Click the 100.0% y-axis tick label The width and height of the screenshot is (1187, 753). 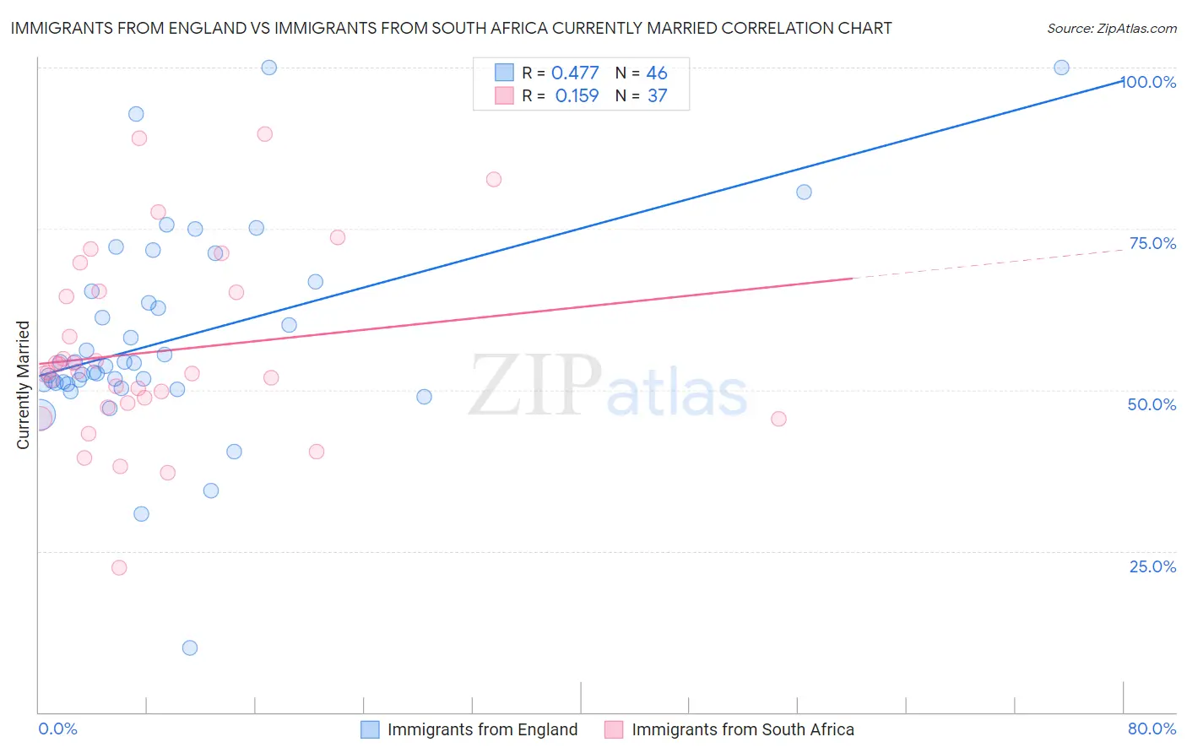pyautogui.click(x=1148, y=82)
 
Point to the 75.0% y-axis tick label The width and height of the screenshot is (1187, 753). pyautogui.click(x=1152, y=243)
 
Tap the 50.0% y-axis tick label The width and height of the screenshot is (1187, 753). pyautogui.click(x=1152, y=404)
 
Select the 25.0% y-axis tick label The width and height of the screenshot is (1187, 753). pyautogui.click(x=1152, y=566)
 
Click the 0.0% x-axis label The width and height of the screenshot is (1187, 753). pyautogui.click(x=57, y=729)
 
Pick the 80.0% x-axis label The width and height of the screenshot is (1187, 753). pyautogui.click(x=1152, y=729)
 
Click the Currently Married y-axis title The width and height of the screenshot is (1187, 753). pyautogui.click(x=23, y=385)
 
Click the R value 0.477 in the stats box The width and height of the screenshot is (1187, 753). pyautogui.click(x=575, y=73)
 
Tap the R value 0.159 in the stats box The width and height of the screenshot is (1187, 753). pyautogui.click(x=577, y=96)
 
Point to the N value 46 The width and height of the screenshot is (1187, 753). pyautogui.click(x=657, y=73)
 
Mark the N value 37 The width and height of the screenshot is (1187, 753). pyautogui.click(x=657, y=96)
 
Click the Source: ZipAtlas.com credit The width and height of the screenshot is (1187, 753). pyautogui.click(x=1111, y=29)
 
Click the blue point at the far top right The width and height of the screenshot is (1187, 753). pyautogui.click(x=1061, y=68)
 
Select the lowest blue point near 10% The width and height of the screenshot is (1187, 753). pyautogui.click(x=190, y=647)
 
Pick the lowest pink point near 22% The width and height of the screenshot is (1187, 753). pyautogui.click(x=119, y=567)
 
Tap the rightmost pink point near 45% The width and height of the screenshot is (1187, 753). pyautogui.click(x=778, y=419)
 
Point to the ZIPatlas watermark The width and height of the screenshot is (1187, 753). pyautogui.click(x=608, y=387)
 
